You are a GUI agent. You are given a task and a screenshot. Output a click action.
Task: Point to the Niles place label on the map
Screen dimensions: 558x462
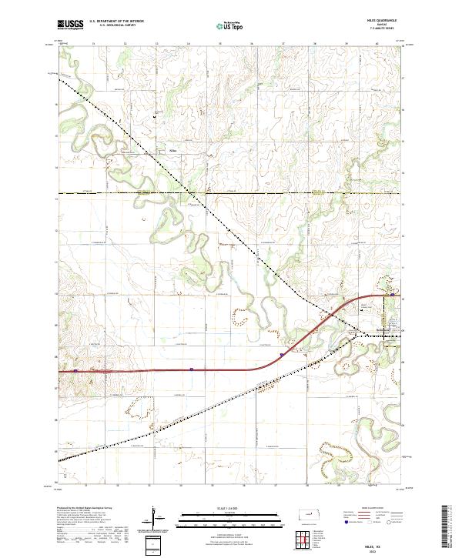point(173,150)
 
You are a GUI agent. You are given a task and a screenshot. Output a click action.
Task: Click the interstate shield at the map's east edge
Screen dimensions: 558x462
point(393,295)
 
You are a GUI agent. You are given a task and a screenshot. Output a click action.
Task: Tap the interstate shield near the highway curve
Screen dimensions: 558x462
point(283,355)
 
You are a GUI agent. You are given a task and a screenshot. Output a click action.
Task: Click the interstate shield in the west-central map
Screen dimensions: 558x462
point(191,369)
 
